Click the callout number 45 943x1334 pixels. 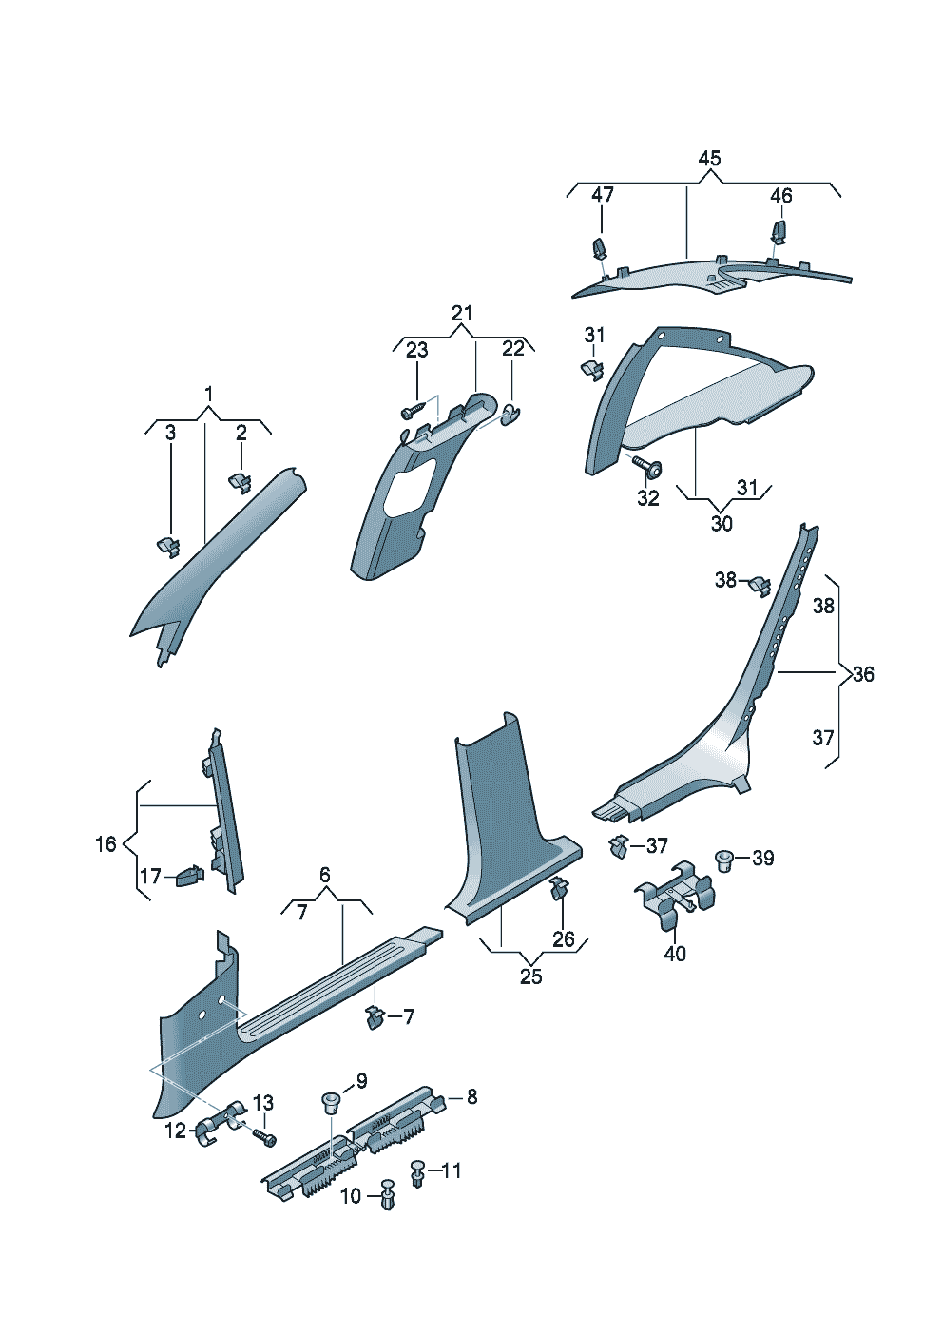click(x=709, y=159)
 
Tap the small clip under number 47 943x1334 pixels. click(x=601, y=248)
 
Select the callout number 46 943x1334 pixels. click(x=780, y=196)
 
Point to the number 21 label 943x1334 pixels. click(x=462, y=314)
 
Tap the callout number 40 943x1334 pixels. click(x=675, y=954)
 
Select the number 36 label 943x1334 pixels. click(x=863, y=674)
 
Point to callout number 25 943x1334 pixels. click(x=530, y=976)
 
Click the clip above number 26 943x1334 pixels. click(x=559, y=890)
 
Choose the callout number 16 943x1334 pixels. click(x=106, y=843)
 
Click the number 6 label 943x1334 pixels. click(x=325, y=875)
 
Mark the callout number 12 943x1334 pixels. click(x=176, y=1131)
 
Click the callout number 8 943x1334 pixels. click(x=471, y=1097)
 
